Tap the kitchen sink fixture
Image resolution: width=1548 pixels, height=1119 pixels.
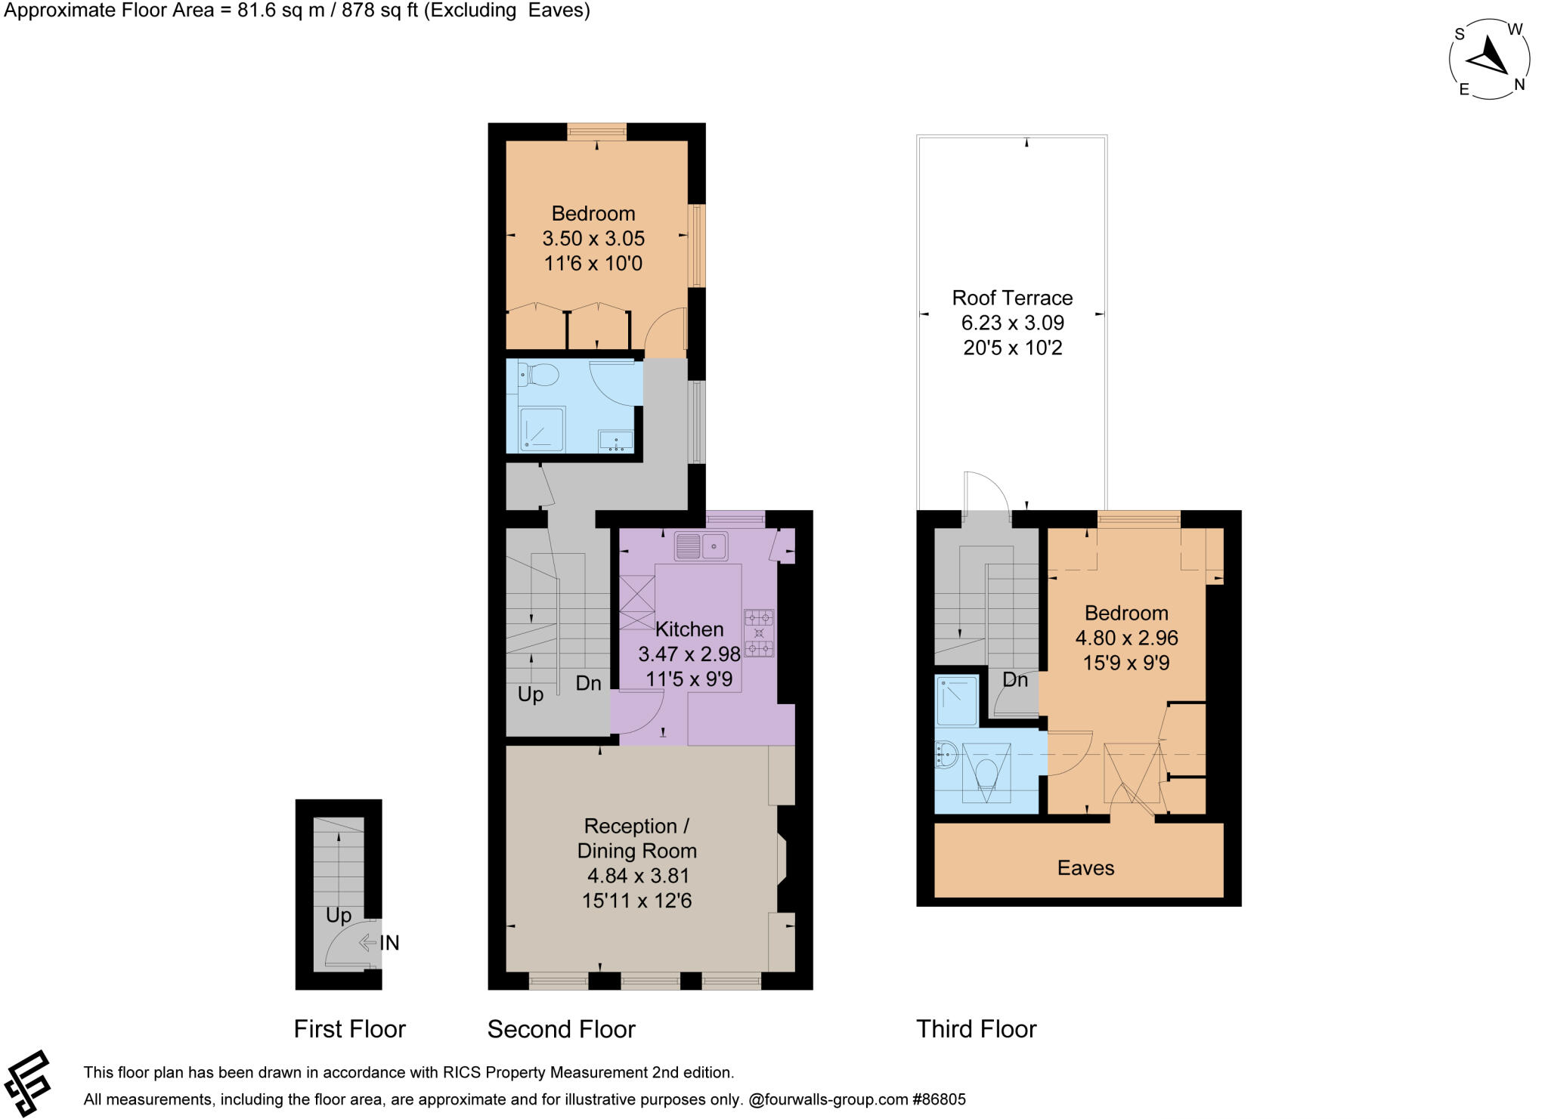701,546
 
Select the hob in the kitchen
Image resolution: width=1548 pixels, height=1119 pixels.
759,632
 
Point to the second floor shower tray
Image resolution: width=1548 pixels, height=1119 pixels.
541,429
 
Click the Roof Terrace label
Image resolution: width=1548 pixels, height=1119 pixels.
1012,298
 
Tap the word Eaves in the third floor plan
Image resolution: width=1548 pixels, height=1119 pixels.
1085,867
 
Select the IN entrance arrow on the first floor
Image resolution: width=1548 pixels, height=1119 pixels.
368,942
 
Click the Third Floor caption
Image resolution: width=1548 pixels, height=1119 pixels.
976,1028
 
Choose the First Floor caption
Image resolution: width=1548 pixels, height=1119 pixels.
349,1028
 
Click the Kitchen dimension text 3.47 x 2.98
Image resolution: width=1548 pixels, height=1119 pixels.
689,654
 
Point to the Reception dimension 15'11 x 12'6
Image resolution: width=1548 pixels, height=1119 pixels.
636,900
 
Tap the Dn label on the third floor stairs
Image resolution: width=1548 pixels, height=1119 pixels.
1014,679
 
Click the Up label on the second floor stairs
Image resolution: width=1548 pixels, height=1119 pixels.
530,694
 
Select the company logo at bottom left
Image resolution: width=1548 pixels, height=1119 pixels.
27,1083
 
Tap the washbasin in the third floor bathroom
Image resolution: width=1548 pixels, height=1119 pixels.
946,753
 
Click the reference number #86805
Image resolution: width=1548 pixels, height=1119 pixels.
939,1099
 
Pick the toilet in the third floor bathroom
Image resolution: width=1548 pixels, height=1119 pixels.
986,773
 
